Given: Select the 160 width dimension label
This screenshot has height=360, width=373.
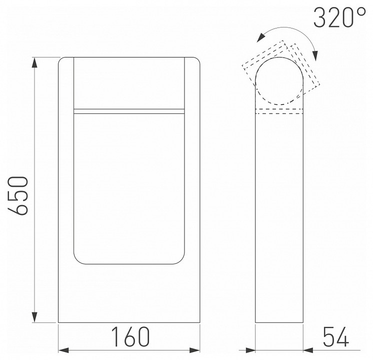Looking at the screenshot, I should click(x=130, y=337).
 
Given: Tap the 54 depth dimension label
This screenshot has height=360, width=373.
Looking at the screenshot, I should click(x=335, y=337).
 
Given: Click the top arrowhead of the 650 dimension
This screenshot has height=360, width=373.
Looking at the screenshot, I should click(x=34, y=62).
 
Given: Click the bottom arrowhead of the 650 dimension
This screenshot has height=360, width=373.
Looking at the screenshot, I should click(x=34, y=318).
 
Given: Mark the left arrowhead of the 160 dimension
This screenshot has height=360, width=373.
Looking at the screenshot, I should click(x=63, y=349).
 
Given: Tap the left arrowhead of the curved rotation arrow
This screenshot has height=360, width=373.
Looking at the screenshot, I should click(x=258, y=37).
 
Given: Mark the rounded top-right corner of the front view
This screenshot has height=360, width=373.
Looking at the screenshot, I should click(x=198, y=60).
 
